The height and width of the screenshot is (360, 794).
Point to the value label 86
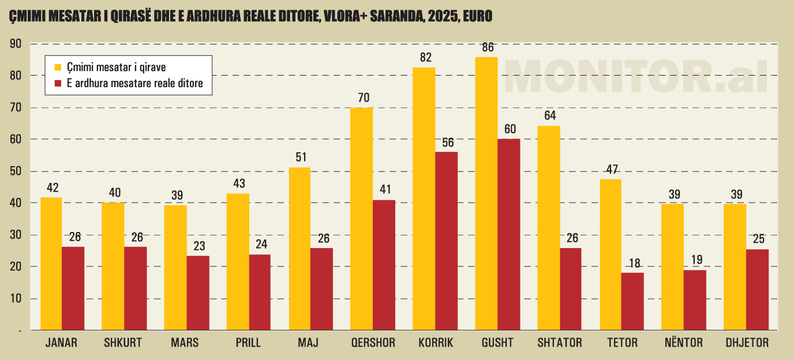coord(488,47)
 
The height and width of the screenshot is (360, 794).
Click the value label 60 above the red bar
coord(510,129)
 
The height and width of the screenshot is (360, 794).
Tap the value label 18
coord(634,263)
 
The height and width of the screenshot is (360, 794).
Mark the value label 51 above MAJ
coord(300,157)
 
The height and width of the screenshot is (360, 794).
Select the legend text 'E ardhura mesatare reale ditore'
coord(134,83)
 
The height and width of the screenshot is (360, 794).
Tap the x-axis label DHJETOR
coord(747,343)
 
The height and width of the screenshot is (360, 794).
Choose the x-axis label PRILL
coord(248,343)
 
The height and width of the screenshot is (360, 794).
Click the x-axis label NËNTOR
coord(684,343)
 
